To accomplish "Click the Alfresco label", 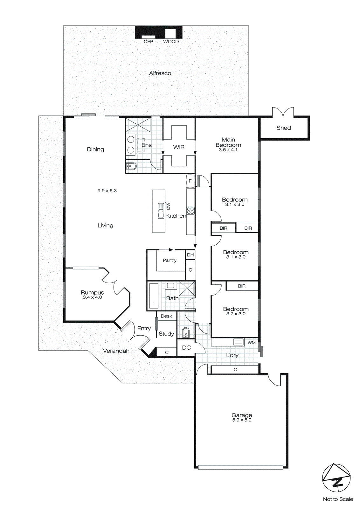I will coord(160,73).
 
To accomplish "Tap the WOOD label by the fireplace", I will coord(171,42).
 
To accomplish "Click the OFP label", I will coord(148,42).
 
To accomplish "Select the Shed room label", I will coord(283,128).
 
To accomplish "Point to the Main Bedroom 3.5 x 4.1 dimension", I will coord(228,150).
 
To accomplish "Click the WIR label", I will coord(179,147).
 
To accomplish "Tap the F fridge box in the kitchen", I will coord(190,181).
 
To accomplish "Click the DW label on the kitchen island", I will coord(168,206).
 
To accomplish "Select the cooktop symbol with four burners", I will coord(190,211).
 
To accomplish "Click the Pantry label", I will coord(170,260).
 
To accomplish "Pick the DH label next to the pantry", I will coord(190,255).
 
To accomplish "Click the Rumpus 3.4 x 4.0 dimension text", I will coord(92,297).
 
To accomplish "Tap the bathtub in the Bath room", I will coord(154,296).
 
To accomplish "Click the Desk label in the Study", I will coord(166,316).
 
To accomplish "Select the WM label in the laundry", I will coord(252,343).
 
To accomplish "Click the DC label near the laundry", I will coord(186,348).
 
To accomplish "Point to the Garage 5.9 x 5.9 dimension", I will coord(242,420).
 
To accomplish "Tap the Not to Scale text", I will coord(338,499).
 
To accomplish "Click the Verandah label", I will coord(116,351).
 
